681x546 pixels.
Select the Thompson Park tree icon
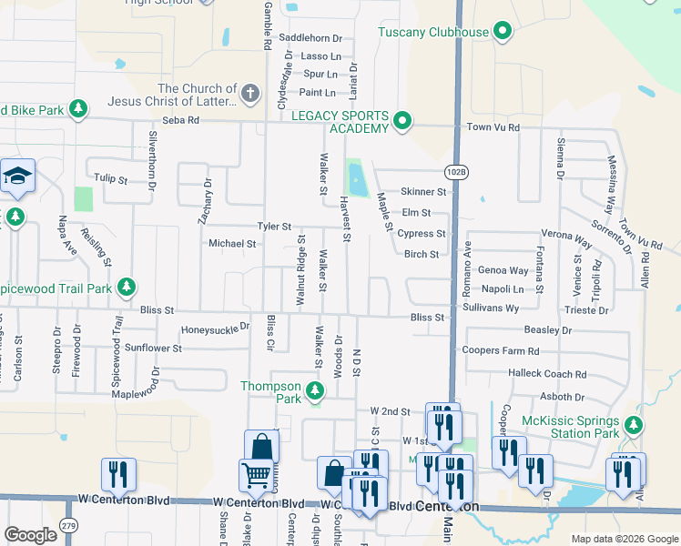pyautogui.click(x=315, y=392)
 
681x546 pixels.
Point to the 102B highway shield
pyautogui.click(x=457, y=171)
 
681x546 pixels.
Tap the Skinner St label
pyautogui.click(x=423, y=192)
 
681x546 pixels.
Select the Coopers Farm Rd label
pyautogui.click(x=501, y=351)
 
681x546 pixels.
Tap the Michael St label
pyautogui.click(x=232, y=244)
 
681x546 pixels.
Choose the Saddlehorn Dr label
pyautogui.click(x=310, y=38)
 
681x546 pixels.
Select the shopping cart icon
pyautogui.click(x=255, y=474)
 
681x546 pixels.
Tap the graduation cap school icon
pyautogui.click(x=16, y=175)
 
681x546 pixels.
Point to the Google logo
pyautogui.click(x=30, y=535)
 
